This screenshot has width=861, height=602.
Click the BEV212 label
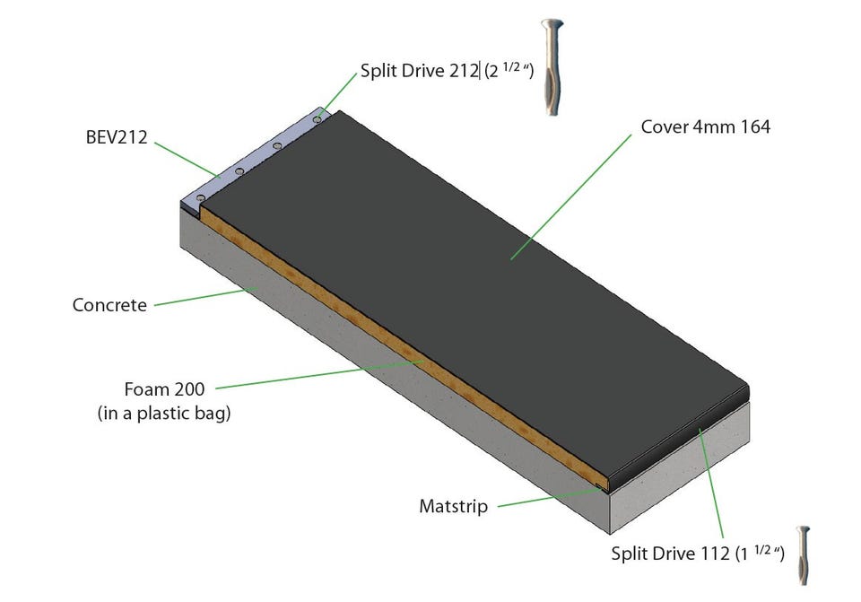(x=117, y=136)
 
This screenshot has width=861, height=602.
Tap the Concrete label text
(x=109, y=305)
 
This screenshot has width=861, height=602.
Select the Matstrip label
(x=453, y=506)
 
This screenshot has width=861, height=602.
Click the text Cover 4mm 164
(x=705, y=127)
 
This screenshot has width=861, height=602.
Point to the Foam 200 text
(x=164, y=388)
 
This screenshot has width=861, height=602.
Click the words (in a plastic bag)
(x=164, y=413)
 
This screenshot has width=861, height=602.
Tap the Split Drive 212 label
(x=419, y=70)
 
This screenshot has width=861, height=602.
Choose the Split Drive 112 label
(x=670, y=554)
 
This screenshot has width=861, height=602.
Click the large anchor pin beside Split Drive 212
(x=552, y=67)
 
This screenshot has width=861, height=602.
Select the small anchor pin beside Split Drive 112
(x=804, y=554)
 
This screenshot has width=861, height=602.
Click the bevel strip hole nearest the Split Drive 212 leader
(x=317, y=119)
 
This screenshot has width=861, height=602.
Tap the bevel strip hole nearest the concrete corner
(x=200, y=197)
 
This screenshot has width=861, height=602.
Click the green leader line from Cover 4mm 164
(x=571, y=196)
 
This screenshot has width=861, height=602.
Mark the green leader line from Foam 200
(x=319, y=375)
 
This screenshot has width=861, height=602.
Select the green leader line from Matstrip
(x=550, y=497)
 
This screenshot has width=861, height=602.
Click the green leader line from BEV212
(x=187, y=160)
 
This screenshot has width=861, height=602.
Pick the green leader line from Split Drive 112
(x=710, y=484)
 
